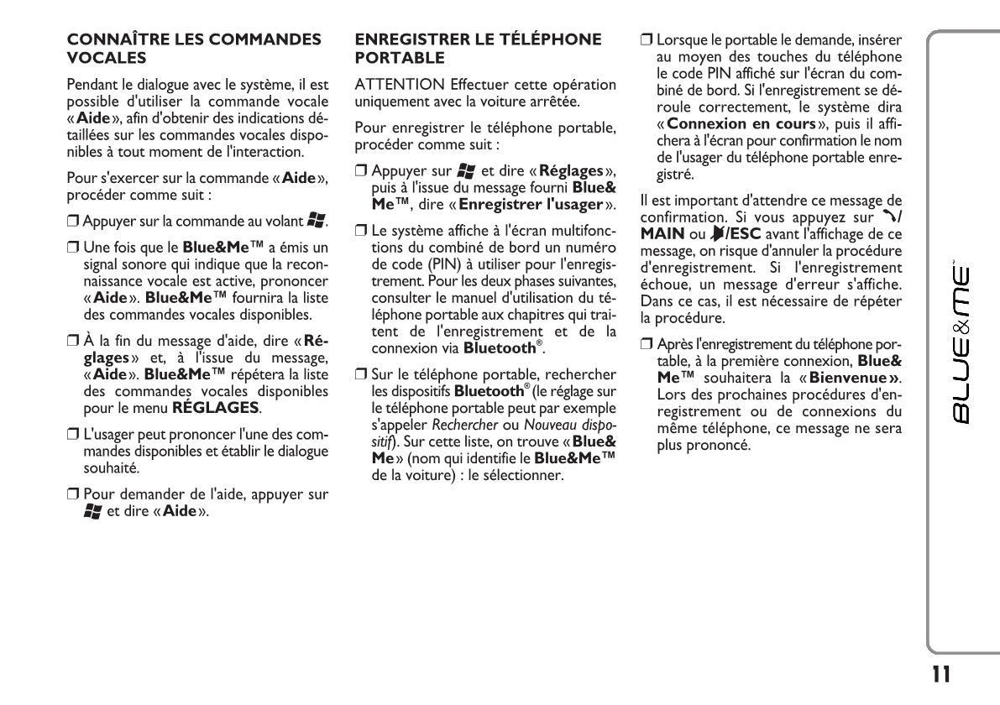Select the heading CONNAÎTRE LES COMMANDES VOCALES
coord(193,49)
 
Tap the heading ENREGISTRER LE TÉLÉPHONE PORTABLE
coord(479,49)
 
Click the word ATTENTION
coord(400,86)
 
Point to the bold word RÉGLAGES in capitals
coord(216,408)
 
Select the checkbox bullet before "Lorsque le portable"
coord(646,39)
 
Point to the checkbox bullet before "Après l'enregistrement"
coord(646,345)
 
